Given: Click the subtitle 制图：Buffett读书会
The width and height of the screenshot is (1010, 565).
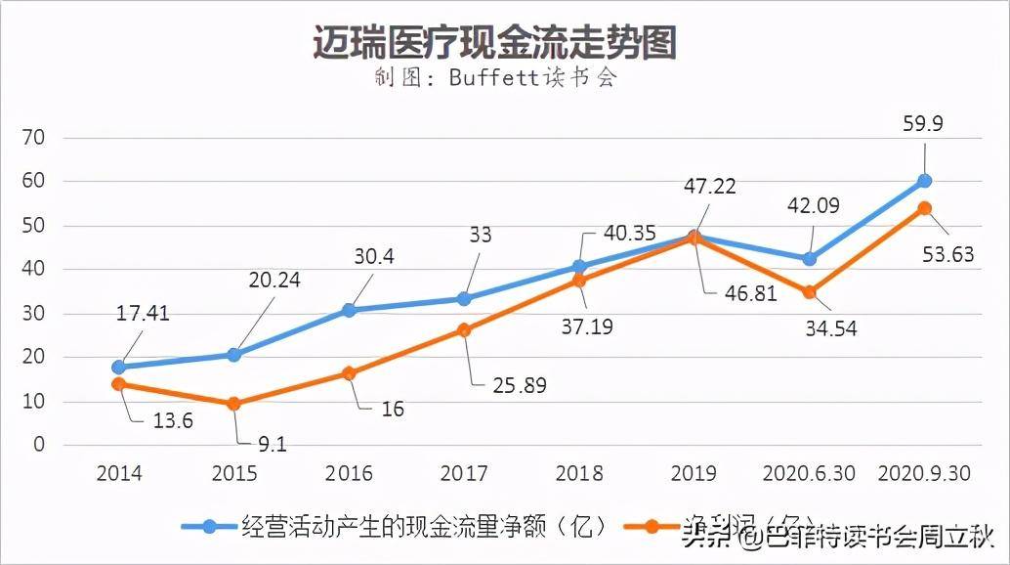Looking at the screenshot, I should (495, 78).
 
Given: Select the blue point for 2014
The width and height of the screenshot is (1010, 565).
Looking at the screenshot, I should (119, 368).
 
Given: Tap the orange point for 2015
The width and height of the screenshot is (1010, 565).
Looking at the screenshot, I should (234, 404).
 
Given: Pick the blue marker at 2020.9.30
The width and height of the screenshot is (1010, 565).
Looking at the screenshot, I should (925, 181).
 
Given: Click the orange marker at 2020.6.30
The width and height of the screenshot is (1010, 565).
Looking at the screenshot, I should (811, 292).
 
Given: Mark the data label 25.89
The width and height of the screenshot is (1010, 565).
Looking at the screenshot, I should (519, 386).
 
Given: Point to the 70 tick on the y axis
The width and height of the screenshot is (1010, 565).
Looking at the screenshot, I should (33, 138).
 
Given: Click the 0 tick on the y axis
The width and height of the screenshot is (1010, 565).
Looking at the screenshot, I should (40, 445).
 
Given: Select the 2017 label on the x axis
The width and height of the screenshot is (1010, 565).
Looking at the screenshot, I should (465, 473).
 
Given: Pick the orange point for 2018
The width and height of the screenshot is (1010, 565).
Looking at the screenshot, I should (580, 281).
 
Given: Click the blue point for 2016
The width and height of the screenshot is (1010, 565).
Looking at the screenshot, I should (350, 310).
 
